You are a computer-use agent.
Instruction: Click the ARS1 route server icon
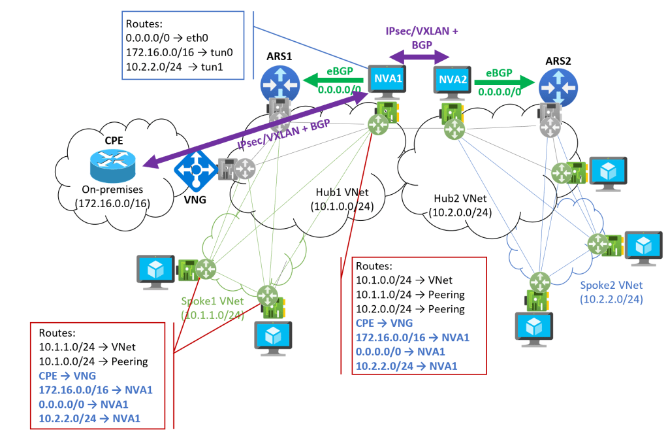click(278, 82)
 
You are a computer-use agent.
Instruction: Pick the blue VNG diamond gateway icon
click(196, 169)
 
